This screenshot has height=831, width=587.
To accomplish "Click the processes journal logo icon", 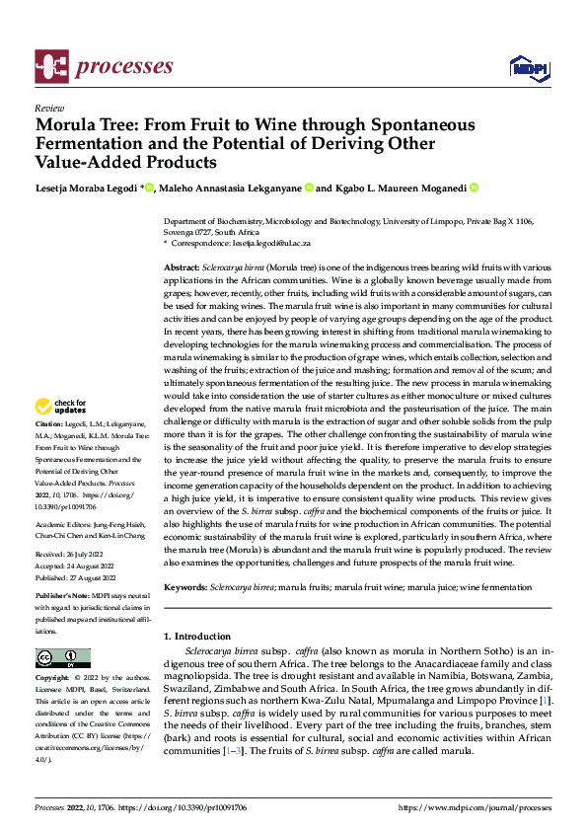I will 51,65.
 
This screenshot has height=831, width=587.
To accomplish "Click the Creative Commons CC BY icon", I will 62,658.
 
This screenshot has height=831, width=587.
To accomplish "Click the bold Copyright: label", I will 53,679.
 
